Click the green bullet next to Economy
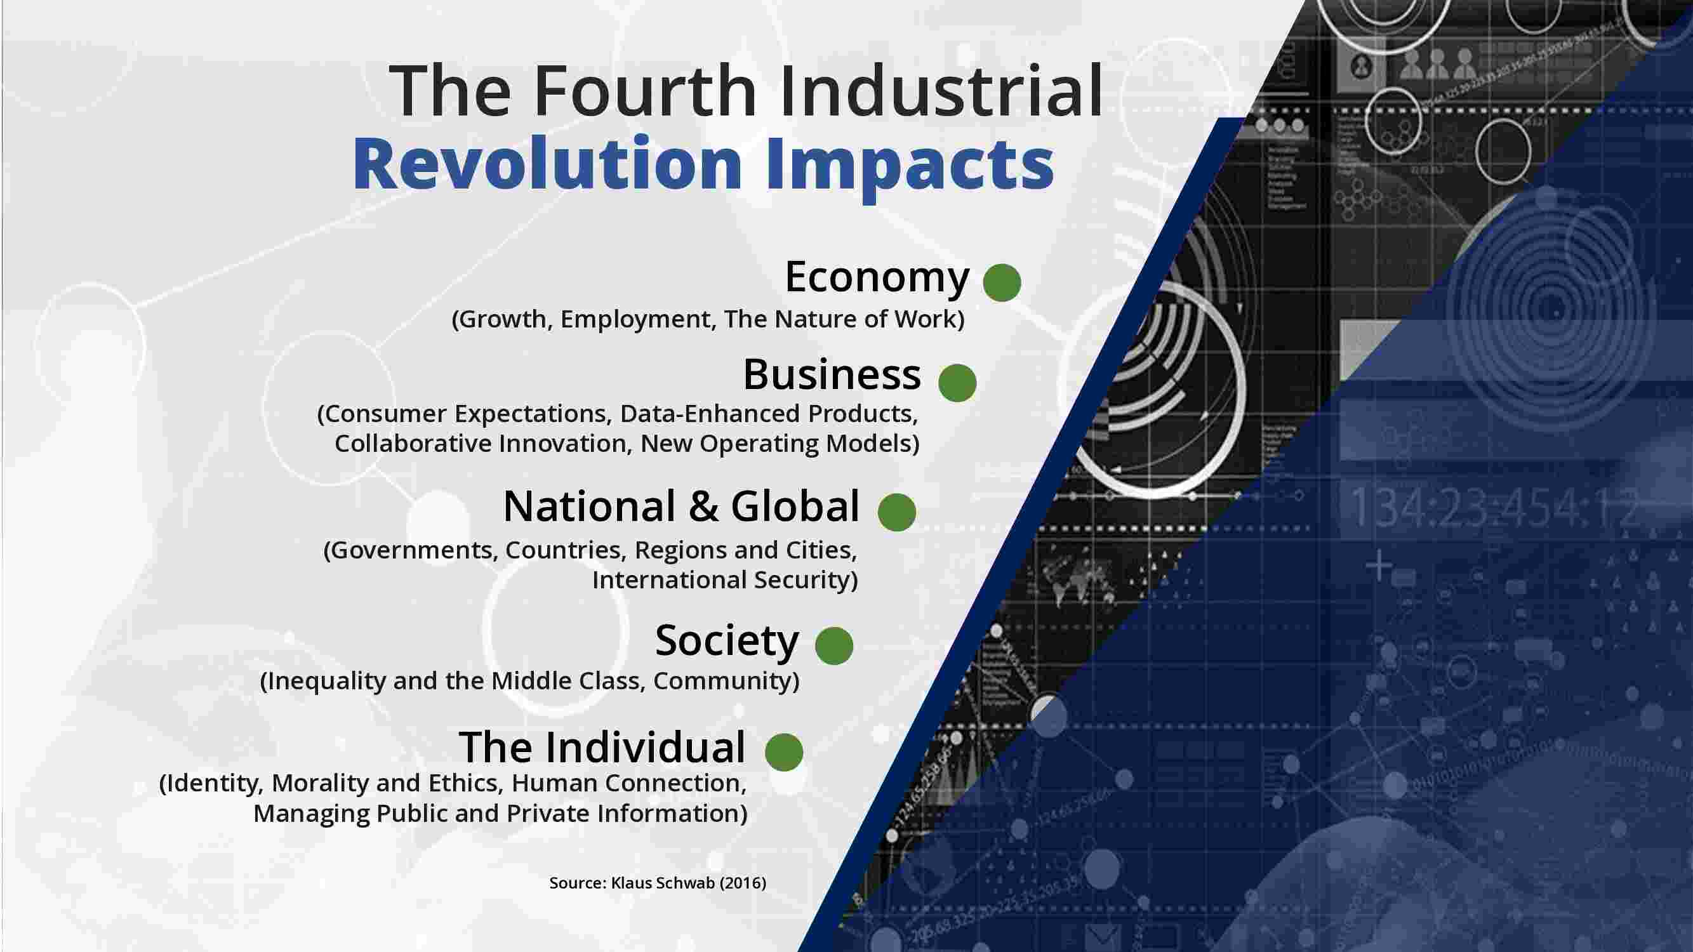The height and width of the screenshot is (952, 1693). tap(1002, 282)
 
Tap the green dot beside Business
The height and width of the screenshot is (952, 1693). tap(957, 383)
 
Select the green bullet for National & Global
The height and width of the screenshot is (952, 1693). tap(897, 512)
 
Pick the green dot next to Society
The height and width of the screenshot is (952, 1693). tap(834, 646)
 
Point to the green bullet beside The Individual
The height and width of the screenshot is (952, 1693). tap(784, 752)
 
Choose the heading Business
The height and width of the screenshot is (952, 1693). tap(832, 374)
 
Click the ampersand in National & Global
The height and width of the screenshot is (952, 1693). tap(703, 506)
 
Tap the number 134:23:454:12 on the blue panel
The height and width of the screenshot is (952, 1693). tap(1494, 509)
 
